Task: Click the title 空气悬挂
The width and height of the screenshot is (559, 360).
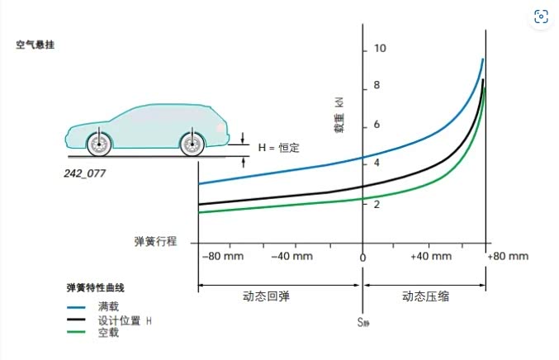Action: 36,45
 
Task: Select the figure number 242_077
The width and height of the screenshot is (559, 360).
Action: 85,173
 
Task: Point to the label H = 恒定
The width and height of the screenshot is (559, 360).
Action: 279,148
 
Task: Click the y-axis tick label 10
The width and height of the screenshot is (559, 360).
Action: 380,49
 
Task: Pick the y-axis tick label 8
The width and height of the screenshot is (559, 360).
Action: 377,86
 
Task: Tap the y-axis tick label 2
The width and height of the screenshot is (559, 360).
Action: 377,205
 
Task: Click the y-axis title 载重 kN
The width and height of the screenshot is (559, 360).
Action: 339,115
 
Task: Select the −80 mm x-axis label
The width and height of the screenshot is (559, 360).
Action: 223,256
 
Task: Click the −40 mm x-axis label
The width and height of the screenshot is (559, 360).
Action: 292,256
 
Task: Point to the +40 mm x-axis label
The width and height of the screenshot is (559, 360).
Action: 431,256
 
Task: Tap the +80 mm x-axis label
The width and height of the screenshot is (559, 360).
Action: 508,256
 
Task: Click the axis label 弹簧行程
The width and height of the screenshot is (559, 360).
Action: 155,241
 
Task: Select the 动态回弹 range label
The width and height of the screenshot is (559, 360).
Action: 266,296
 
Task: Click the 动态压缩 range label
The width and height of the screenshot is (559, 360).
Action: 426,296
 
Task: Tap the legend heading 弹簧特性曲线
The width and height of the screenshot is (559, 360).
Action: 96,288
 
